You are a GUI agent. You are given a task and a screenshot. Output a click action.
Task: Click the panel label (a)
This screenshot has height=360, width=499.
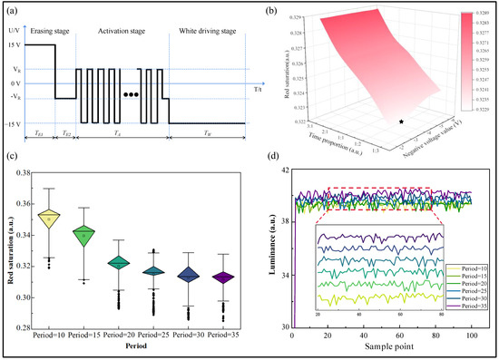15,14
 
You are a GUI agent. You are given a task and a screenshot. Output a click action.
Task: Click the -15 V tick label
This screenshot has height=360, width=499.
12,123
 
